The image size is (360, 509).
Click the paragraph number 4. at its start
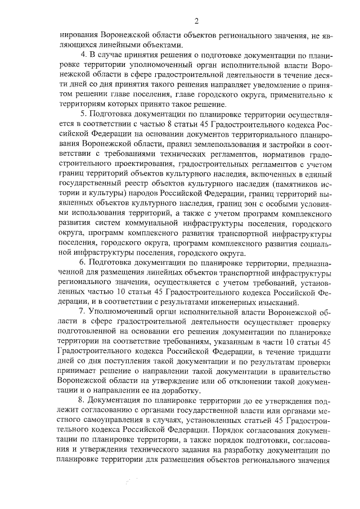click(85, 55)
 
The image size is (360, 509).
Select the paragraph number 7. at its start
click(85, 310)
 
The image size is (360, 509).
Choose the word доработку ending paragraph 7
click(181, 391)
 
